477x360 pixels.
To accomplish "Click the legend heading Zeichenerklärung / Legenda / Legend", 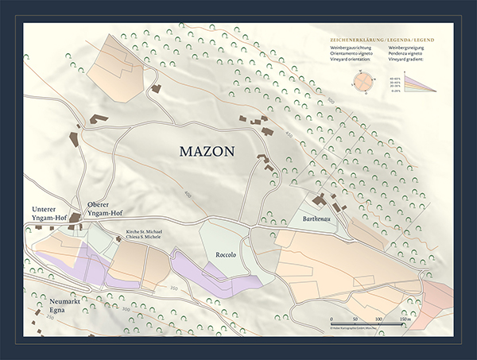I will click(x=386, y=39).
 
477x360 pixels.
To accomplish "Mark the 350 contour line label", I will click(x=173, y=287).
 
